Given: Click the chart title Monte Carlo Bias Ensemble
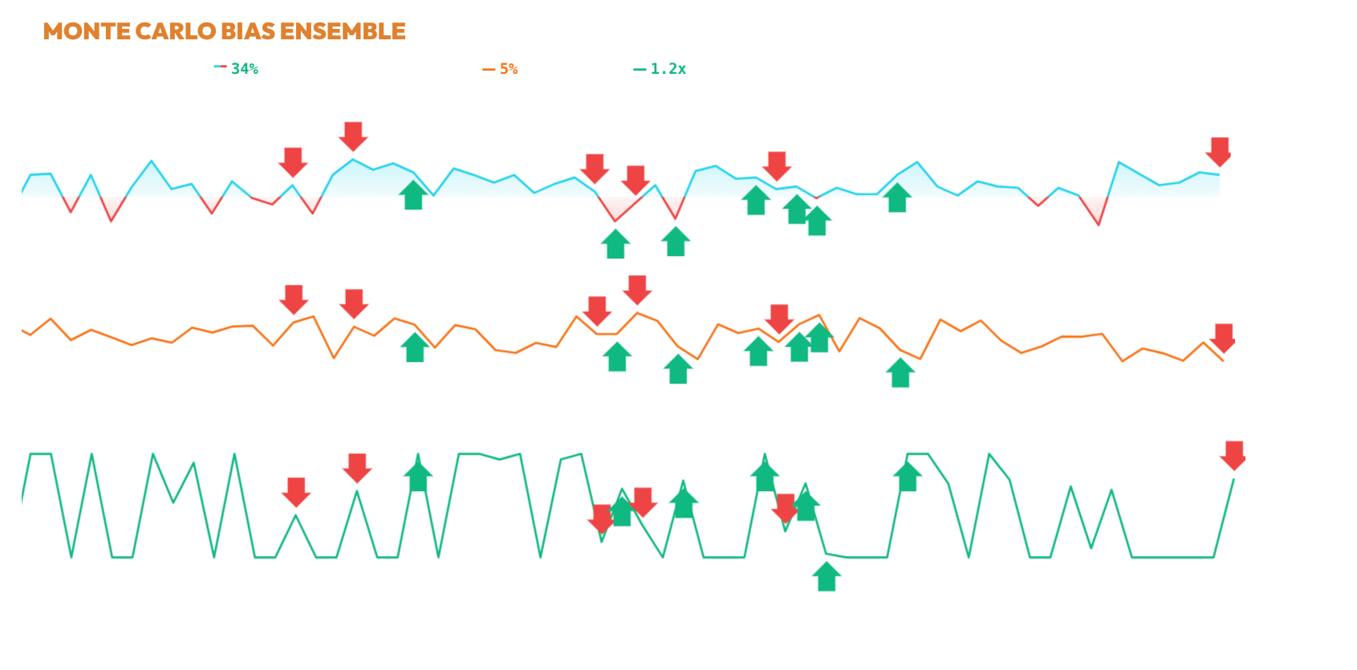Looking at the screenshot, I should [x=224, y=31].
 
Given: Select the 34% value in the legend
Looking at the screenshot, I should [x=245, y=69].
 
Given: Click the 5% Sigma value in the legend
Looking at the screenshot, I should [x=509, y=69].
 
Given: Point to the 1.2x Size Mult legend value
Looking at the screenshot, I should [x=668, y=69].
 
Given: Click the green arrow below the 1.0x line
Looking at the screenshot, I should [x=827, y=576].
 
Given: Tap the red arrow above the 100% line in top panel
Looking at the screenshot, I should [x=353, y=136].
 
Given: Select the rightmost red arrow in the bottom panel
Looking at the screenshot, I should [x=1233, y=455].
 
